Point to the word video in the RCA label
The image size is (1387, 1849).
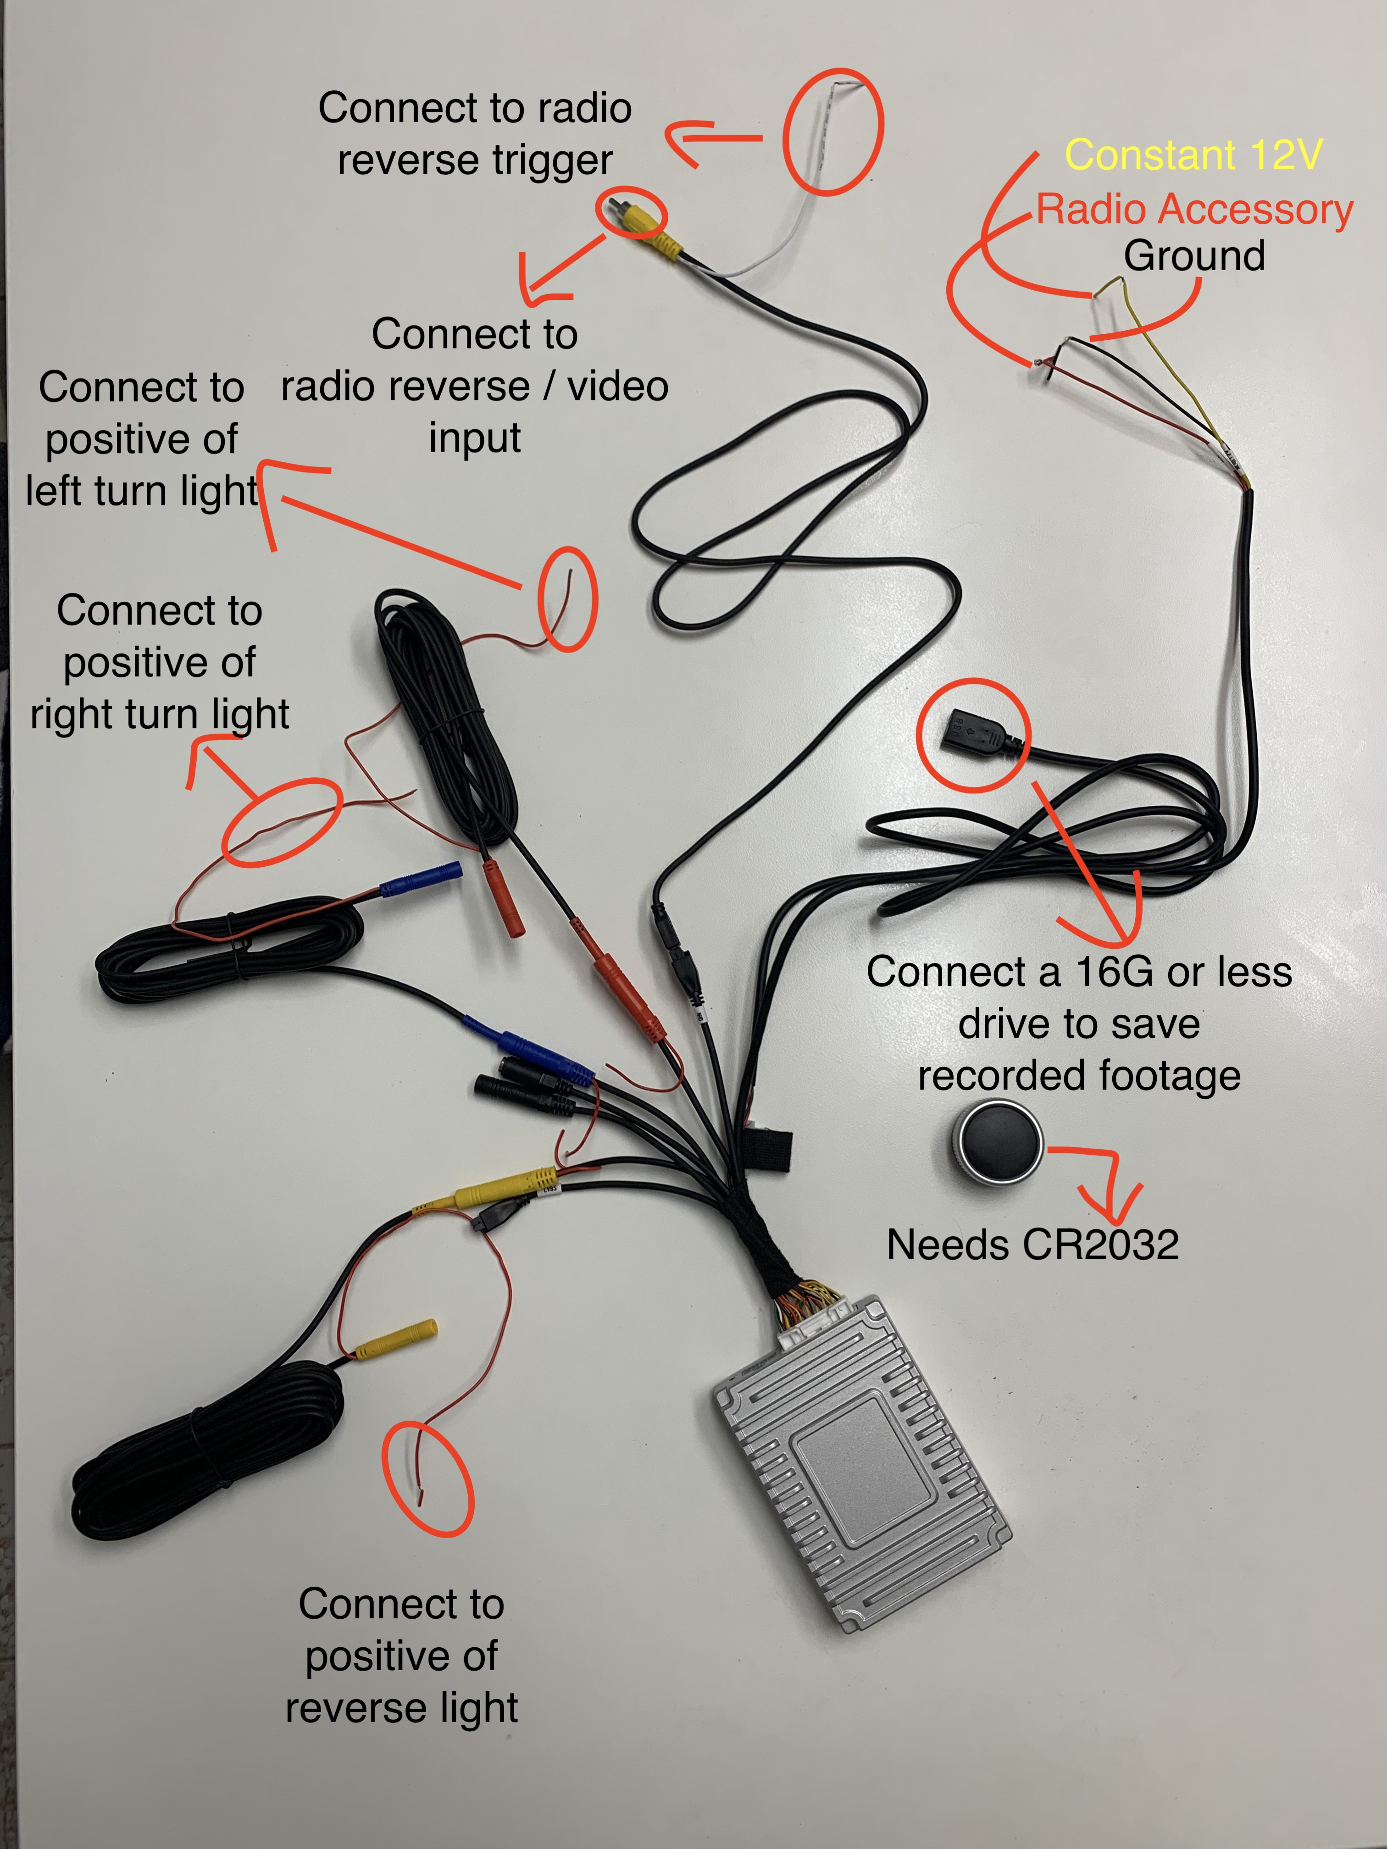618,386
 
